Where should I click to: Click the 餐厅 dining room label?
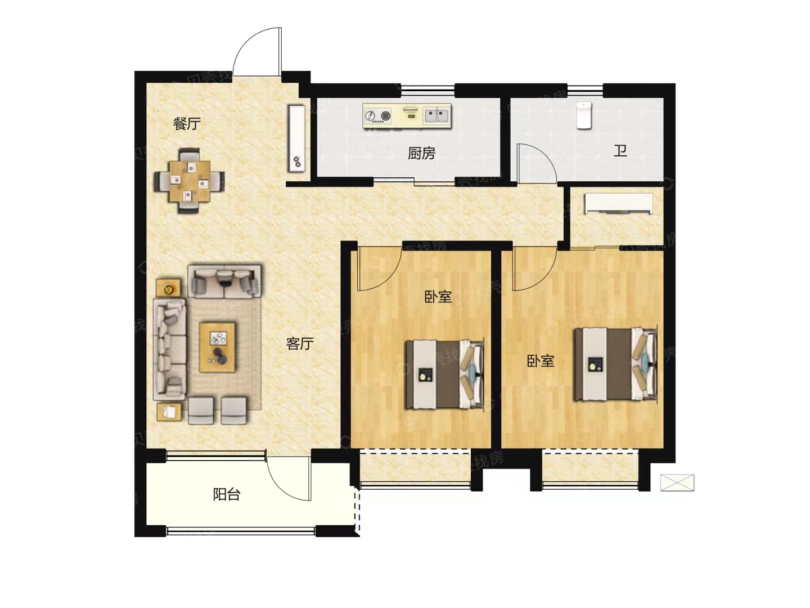click(187, 124)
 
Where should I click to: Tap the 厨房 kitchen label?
click(421, 153)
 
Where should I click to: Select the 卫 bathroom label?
click(620, 151)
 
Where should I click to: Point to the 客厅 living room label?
click(300, 343)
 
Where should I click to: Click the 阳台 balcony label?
click(227, 494)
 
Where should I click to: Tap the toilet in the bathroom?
click(584, 115)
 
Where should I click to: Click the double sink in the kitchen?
click(437, 115)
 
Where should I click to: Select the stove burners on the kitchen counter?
click(377, 116)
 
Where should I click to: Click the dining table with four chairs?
click(190, 181)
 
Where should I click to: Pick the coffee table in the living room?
click(217, 347)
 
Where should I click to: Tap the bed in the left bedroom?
click(445, 374)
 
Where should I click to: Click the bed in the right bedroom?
click(615, 364)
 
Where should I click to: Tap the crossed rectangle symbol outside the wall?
click(677, 482)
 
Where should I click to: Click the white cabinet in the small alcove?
click(619, 203)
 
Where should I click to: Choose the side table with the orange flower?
click(168, 288)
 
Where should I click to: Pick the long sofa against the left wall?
click(169, 349)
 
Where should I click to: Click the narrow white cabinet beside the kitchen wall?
click(297, 138)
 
